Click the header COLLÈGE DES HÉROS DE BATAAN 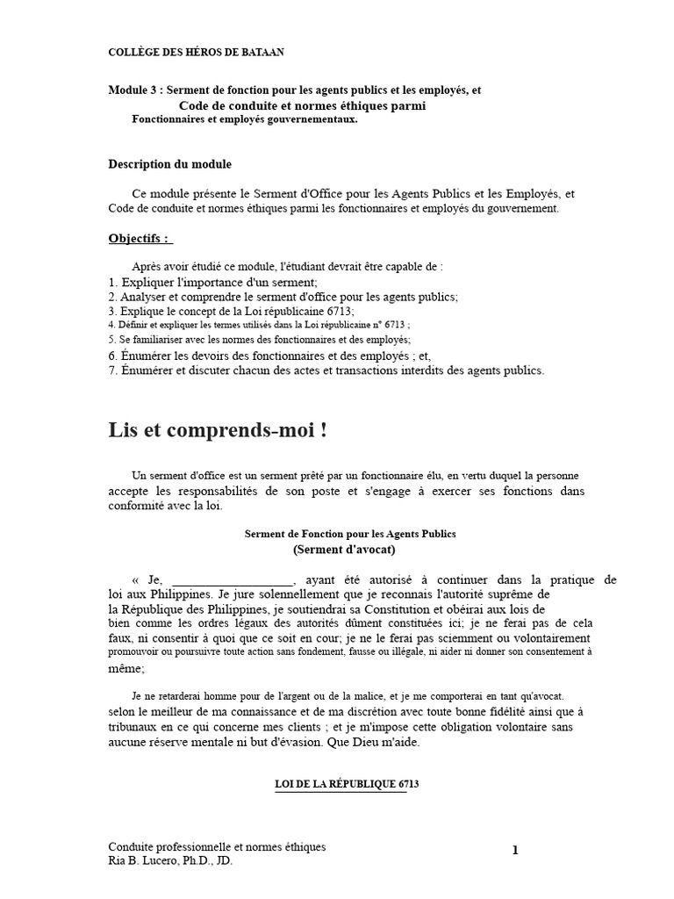click(x=196, y=53)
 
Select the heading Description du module click(x=170, y=164)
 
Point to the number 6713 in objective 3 click(x=340, y=311)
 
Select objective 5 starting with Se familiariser click(x=260, y=339)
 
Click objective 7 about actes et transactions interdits click(x=326, y=370)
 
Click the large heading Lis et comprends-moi click(x=219, y=430)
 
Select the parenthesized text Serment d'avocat click(x=344, y=550)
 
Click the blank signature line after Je click(x=233, y=580)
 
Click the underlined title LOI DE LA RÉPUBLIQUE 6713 click(x=341, y=783)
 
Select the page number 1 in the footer click(x=515, y=850)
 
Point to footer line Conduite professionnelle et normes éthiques click(x=217, y=847)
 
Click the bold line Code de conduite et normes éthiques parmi click(x=302, y=105)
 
